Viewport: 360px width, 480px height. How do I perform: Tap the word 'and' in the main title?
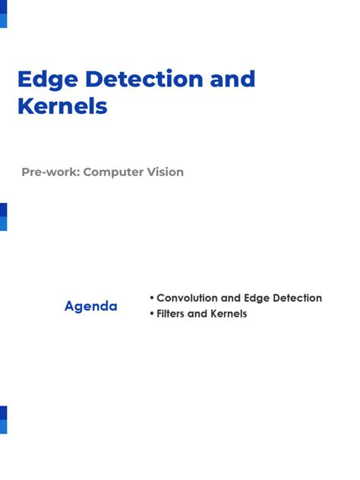click(x=232, y=79)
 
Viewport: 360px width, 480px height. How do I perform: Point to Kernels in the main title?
click(x=62, y=106)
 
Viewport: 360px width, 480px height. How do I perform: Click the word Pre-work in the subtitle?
click(x=50, y=172)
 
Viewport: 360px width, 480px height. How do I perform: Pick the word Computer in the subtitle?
click(x=112, y=172)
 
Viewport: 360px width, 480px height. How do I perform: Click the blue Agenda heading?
click(x=90, y=307)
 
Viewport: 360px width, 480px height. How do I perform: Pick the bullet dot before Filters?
click(x=152, y=314)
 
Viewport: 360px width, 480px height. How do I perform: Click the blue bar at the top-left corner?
click(x=3, y=14)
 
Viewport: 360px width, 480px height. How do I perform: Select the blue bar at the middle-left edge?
click(x=3, y=216)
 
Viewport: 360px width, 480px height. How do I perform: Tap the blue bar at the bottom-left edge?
click(x=3, y=419)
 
